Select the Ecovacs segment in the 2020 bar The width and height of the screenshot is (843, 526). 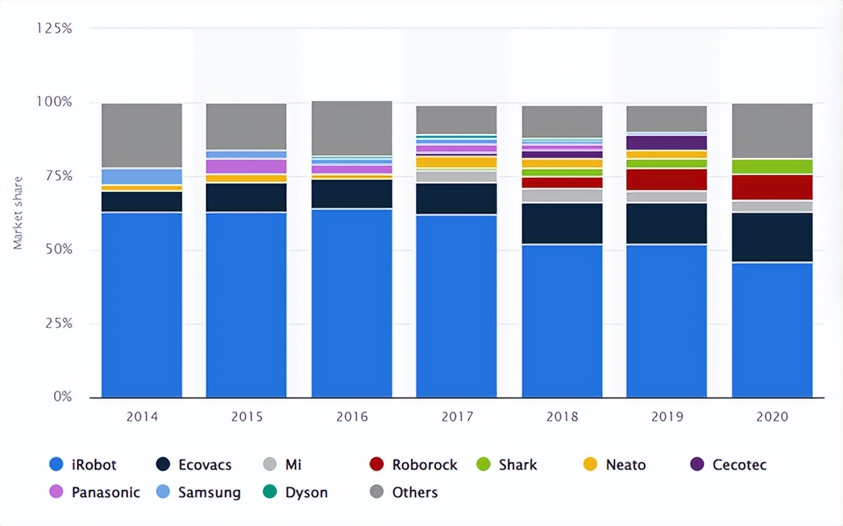772,237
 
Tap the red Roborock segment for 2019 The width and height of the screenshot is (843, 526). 666,179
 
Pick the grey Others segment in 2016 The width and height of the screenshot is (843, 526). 352,128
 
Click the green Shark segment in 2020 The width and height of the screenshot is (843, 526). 772,166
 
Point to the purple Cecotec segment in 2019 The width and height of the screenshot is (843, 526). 666,142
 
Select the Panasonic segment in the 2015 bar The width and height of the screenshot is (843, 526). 246,166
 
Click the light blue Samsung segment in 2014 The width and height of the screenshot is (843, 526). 142,176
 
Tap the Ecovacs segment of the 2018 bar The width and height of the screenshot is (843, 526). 562,223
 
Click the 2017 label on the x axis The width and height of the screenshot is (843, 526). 457,417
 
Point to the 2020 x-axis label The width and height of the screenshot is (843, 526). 772,417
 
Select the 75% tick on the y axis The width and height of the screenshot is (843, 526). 58,176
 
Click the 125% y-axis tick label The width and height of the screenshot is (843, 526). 55,28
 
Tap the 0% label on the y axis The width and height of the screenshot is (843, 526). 63,397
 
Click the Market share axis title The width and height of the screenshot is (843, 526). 18,212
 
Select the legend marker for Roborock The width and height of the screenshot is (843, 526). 377,465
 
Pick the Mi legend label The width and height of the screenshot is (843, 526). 294,465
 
